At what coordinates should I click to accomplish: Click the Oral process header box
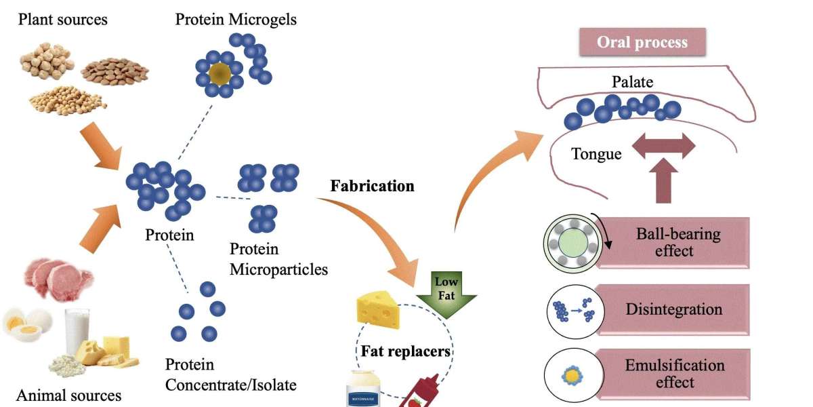642,42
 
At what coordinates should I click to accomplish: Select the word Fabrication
372,186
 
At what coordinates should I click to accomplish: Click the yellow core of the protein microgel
217,73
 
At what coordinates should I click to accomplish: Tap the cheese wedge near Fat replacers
378,311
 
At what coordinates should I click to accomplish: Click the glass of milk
77,330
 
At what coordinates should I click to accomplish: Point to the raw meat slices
58,278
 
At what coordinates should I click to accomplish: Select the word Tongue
596,154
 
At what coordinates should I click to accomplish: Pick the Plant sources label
62,19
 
